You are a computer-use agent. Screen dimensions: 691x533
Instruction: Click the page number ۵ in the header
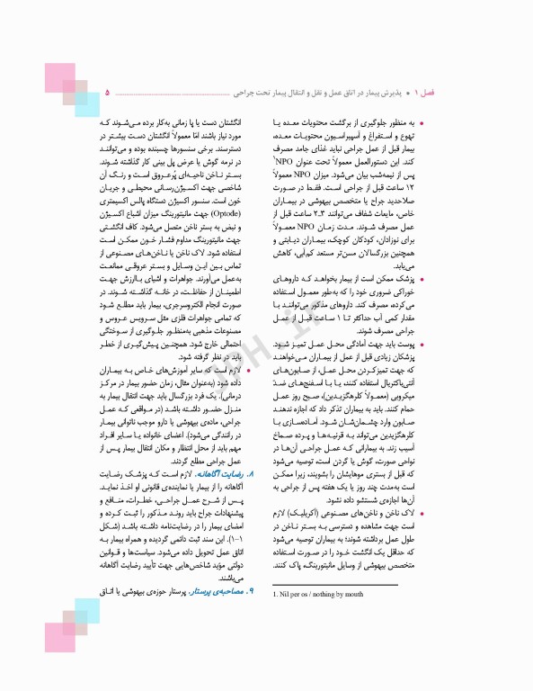point(108,92)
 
